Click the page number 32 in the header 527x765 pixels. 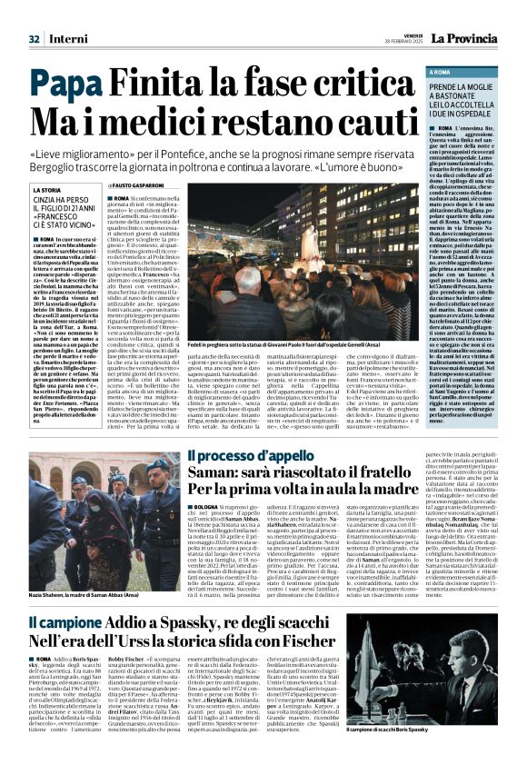click(x=34, y=15)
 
